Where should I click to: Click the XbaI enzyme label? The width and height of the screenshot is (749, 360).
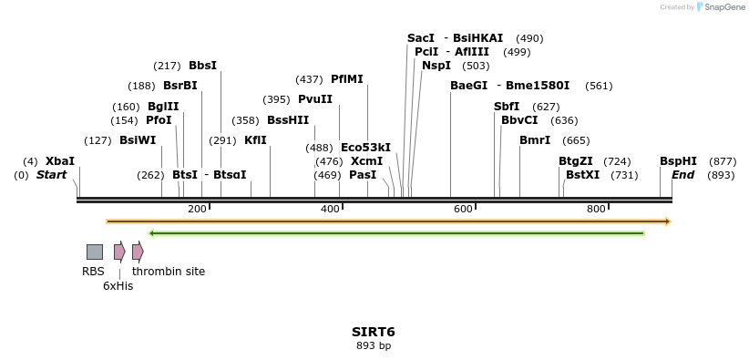click(x=60, y=161)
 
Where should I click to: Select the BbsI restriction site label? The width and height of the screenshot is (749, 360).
click(x=202, y=66)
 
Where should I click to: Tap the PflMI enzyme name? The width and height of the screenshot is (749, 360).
click(x=347, y=79)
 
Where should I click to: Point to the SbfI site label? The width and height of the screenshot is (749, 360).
click(x=507, y=107)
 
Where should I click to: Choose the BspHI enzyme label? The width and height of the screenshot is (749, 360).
click(x=678, y=161)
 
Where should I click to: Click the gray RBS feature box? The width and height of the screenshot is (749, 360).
click(x=95, y=252)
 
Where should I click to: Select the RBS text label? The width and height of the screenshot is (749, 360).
click(x=94, y=272)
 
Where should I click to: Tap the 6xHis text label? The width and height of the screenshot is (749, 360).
click(x=118, y=285)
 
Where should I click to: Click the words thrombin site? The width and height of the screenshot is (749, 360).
click(x=169, y=272)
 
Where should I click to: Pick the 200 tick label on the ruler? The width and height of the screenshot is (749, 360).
click(x=197, y=210)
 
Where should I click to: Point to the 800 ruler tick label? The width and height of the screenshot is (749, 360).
click(x=596, y=210)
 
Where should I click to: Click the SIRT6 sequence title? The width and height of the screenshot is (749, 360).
click(x=374, y=332)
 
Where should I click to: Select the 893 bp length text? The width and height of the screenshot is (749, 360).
click(x=374, y=346)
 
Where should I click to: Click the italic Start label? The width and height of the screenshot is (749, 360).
click(x=51, y=175)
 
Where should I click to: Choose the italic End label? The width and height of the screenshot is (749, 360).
click(x=683, y=175)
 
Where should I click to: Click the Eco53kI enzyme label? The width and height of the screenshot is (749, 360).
click(x=365, y=148)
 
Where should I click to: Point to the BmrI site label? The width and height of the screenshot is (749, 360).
click(x=535, y=140)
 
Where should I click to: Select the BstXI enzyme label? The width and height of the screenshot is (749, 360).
click(x=583, y=175)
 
